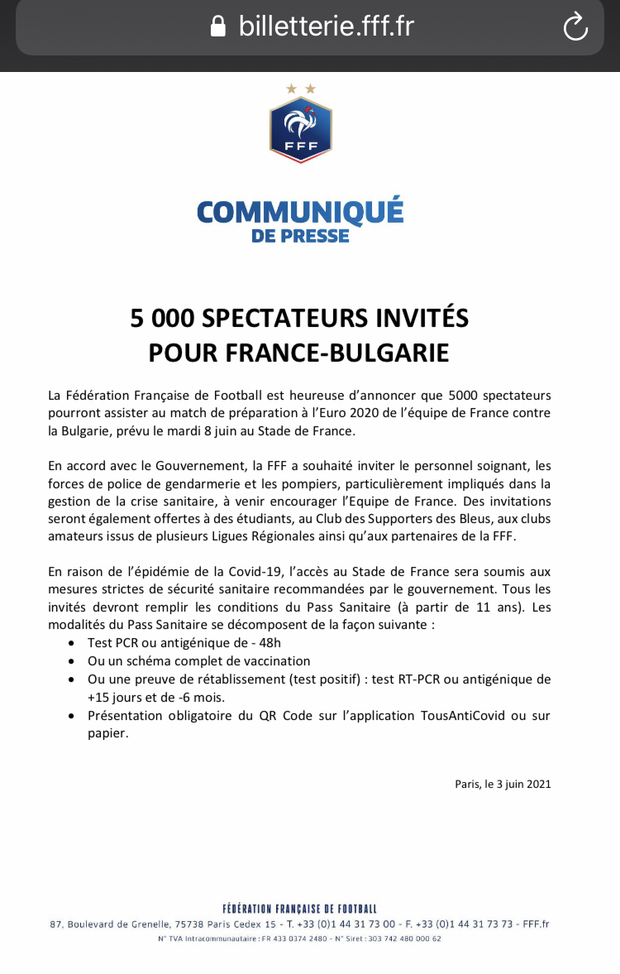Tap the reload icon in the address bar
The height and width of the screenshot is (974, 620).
(x=575, y=27)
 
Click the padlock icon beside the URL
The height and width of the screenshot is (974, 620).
(x=218, y=27)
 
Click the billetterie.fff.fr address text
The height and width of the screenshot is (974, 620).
(x=326, y=26)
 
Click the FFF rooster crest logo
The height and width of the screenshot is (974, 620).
(x=300, y=128)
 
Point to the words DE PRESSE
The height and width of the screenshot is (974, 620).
(x=300, y=236)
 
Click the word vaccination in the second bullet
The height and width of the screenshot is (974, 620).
(x=269, y=660)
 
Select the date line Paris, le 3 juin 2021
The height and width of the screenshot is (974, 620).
(x=503, y=784)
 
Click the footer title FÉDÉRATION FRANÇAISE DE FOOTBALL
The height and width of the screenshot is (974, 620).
(x=299, y=909)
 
